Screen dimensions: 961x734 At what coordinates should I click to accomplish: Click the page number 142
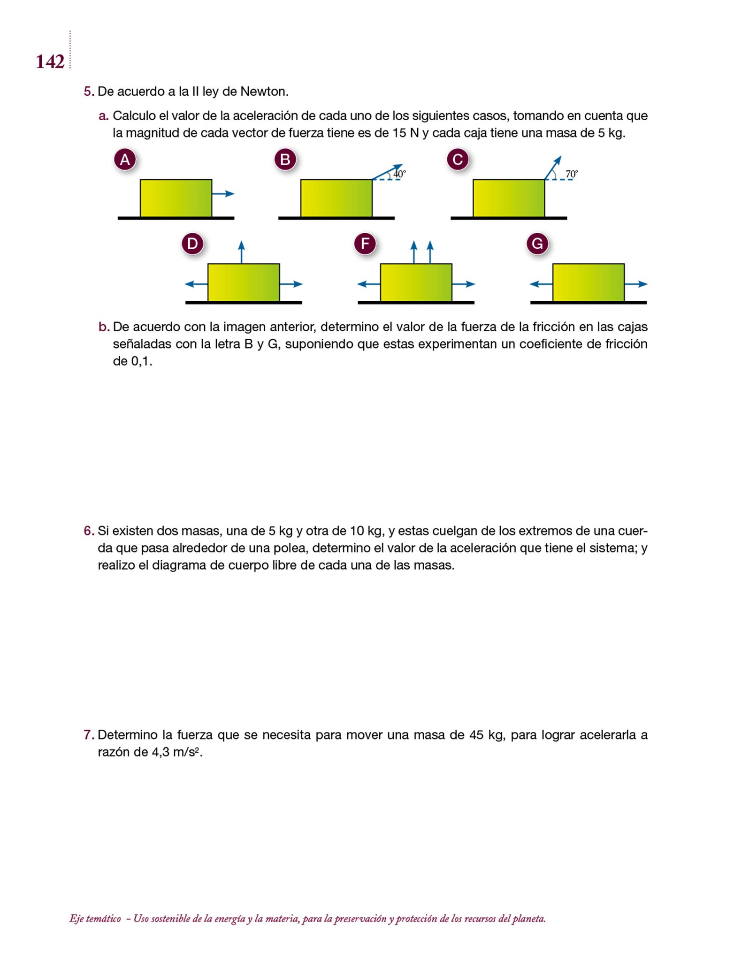[x=50, y=61]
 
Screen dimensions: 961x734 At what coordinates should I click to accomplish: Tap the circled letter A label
[x=125, y=160]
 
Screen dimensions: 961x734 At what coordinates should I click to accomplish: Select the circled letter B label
[x=285, y=160]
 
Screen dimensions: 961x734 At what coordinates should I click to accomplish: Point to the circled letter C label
[x=458, y=160]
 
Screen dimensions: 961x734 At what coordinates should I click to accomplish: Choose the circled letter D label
[x=192, y=244]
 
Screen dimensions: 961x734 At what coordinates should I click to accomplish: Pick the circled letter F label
[x=365, y=244]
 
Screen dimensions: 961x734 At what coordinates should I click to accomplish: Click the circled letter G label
[x=537, y=244]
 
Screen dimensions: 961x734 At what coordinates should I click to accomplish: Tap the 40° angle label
[x=399, y=174]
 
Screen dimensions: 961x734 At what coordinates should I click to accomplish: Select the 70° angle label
[x=572, y=174]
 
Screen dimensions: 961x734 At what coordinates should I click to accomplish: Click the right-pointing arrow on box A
[x=223, y=194]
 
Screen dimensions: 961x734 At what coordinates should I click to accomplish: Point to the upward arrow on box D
[x=241, y=252]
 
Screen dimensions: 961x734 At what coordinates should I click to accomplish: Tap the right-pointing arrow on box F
[x=464, y=284]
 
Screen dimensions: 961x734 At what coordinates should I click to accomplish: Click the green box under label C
[x=509, y=198]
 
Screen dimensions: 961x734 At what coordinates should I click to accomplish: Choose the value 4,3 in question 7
[x=161, y=752]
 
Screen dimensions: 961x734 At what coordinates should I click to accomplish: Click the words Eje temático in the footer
[x=95, y=919]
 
